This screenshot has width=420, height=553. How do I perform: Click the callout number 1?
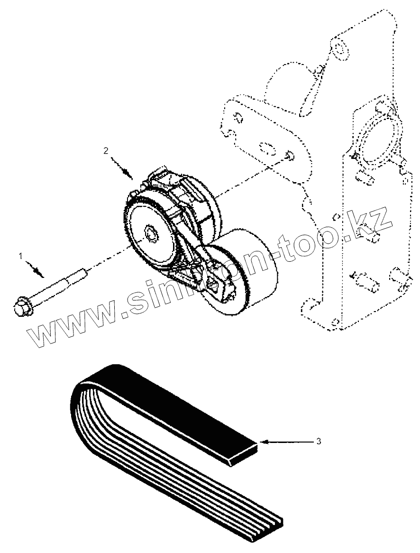click(x=20, y=256)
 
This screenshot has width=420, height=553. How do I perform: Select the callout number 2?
click(x=106, y=150)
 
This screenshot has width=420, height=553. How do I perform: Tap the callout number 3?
click(x=319, y=441)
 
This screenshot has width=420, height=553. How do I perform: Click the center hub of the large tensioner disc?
click(x=151, y=234)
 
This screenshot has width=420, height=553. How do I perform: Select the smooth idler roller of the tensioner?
click(x=251, y=272)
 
